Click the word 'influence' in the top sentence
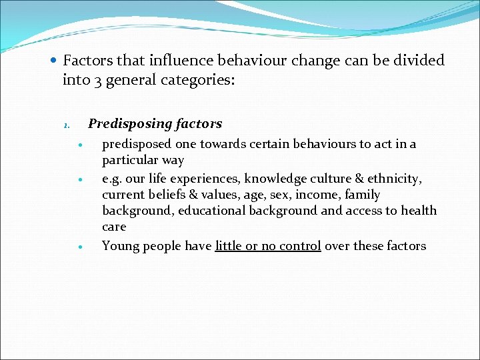coord(179,61)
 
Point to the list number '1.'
coord(66,125)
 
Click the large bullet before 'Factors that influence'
coord(53,61)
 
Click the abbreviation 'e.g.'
coord(113,179)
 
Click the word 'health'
coord(418,211)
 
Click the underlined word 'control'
coord(299,246)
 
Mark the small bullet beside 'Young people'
coord(79,247)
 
